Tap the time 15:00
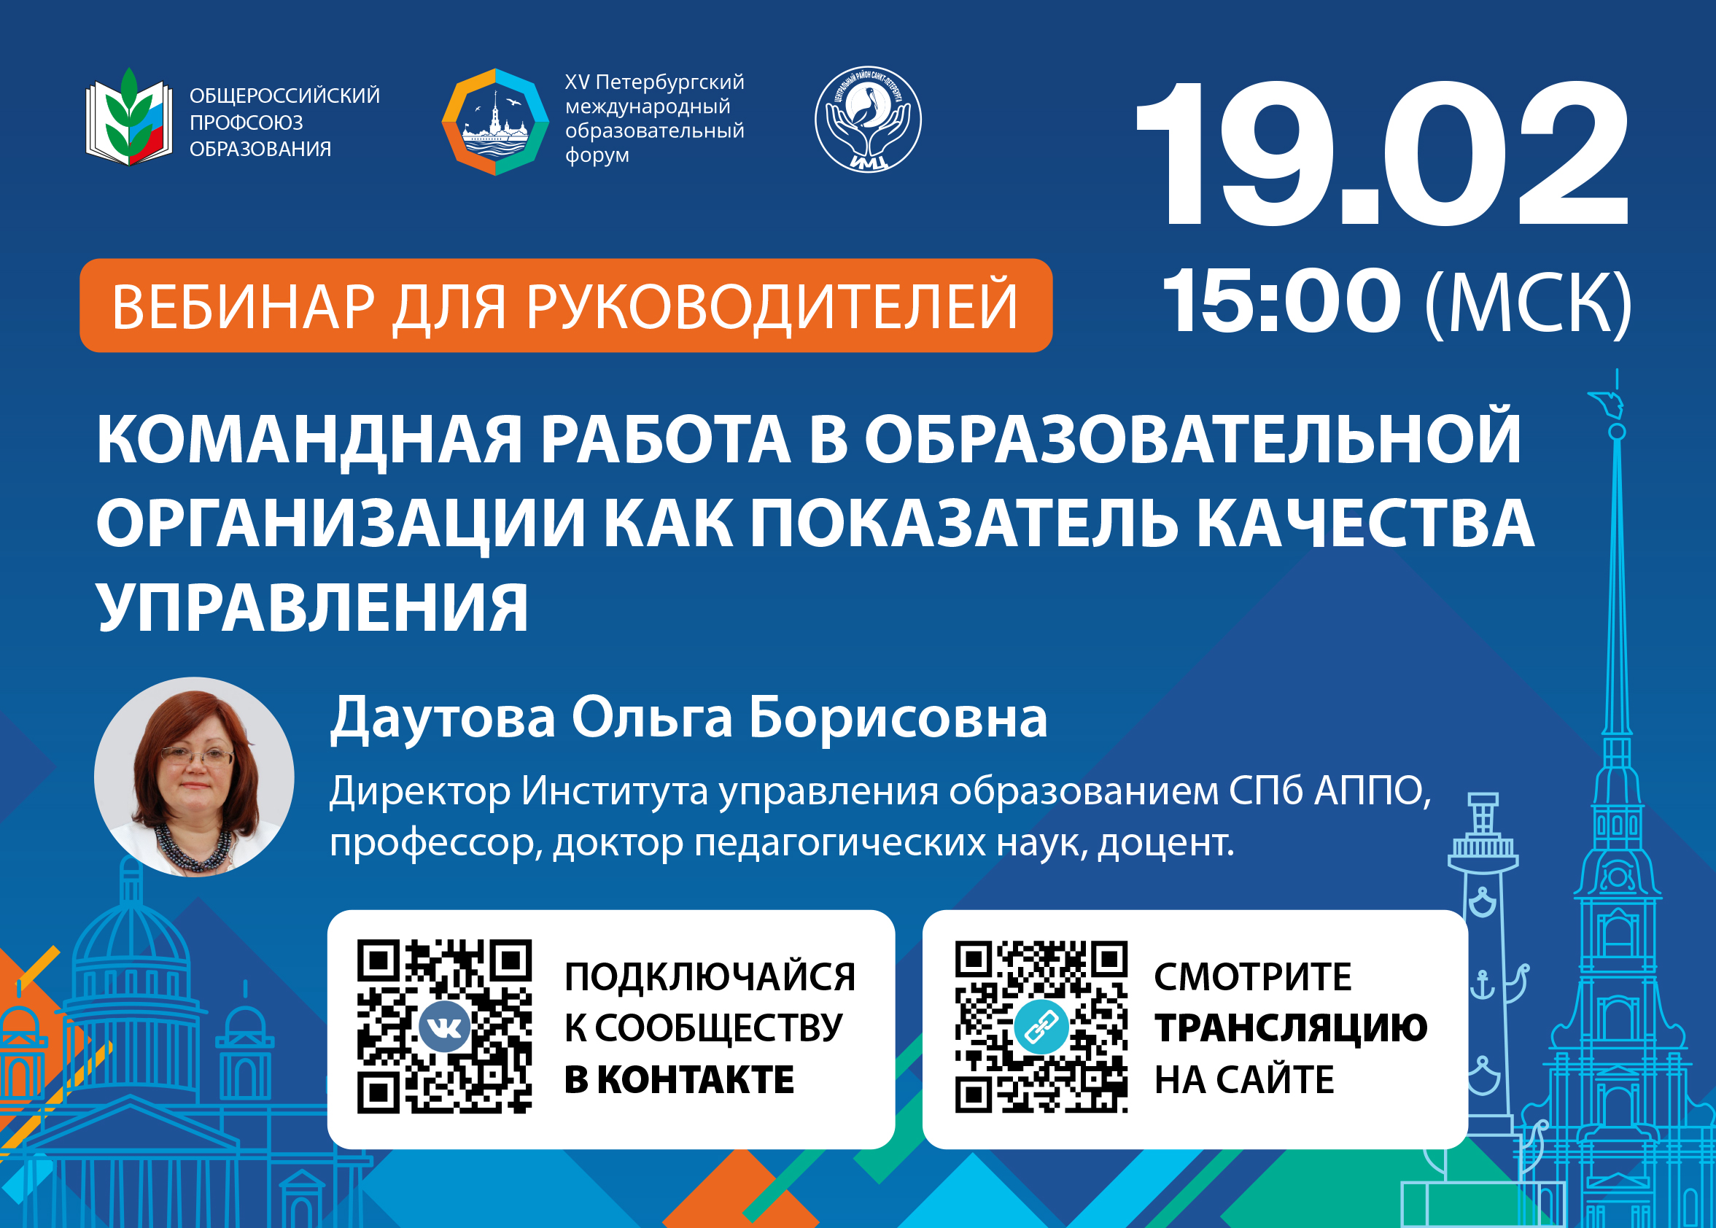coord(1282,302)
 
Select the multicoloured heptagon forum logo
coord(495,122)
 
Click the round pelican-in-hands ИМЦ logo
coord(867,120)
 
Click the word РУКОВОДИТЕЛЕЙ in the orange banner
coord(772,307)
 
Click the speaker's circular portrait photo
coord(195,777)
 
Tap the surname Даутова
coord(443,717)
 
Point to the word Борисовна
coord(898,717)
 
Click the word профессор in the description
coord(435,844)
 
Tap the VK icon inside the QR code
coord(444,1026)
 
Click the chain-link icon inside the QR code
coord(1041,1027)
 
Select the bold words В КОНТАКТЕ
coord(679,1079)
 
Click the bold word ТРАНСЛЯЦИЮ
coord(1290,1028)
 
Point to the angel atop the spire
coord(1608,403)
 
